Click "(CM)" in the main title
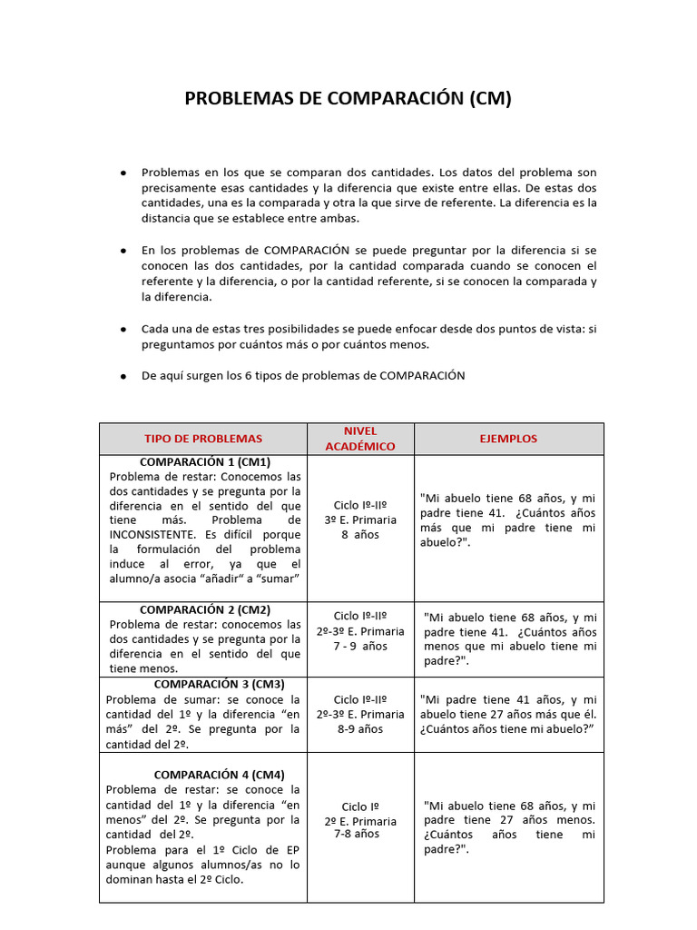pyautogui.click(x=490, y=98)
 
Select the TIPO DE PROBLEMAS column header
pyautogui.click(x=203, y=439)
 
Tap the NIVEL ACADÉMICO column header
pyautogui.click(x=360, y=439)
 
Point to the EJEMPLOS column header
pyautogui.click(x=508, y=439)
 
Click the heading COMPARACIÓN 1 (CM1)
pyautogui.click(x=205, y=462)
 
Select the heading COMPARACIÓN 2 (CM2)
pyautogui.click(x=205, y=609)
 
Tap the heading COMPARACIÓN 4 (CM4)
pyautogui.click(x=219, y=775)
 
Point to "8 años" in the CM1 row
pyautogui.click(x=360, y=535)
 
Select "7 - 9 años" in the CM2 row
pyautogui.click(x=360, y=647)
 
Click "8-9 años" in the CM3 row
pyautogui.click(x=360, y=728)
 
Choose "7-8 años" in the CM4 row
pyautogui.click(x=357, y=834)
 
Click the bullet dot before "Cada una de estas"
pyautogui.click(x=123, y=330)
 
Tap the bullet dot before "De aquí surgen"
pyautogui.click(x=123, y=376)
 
